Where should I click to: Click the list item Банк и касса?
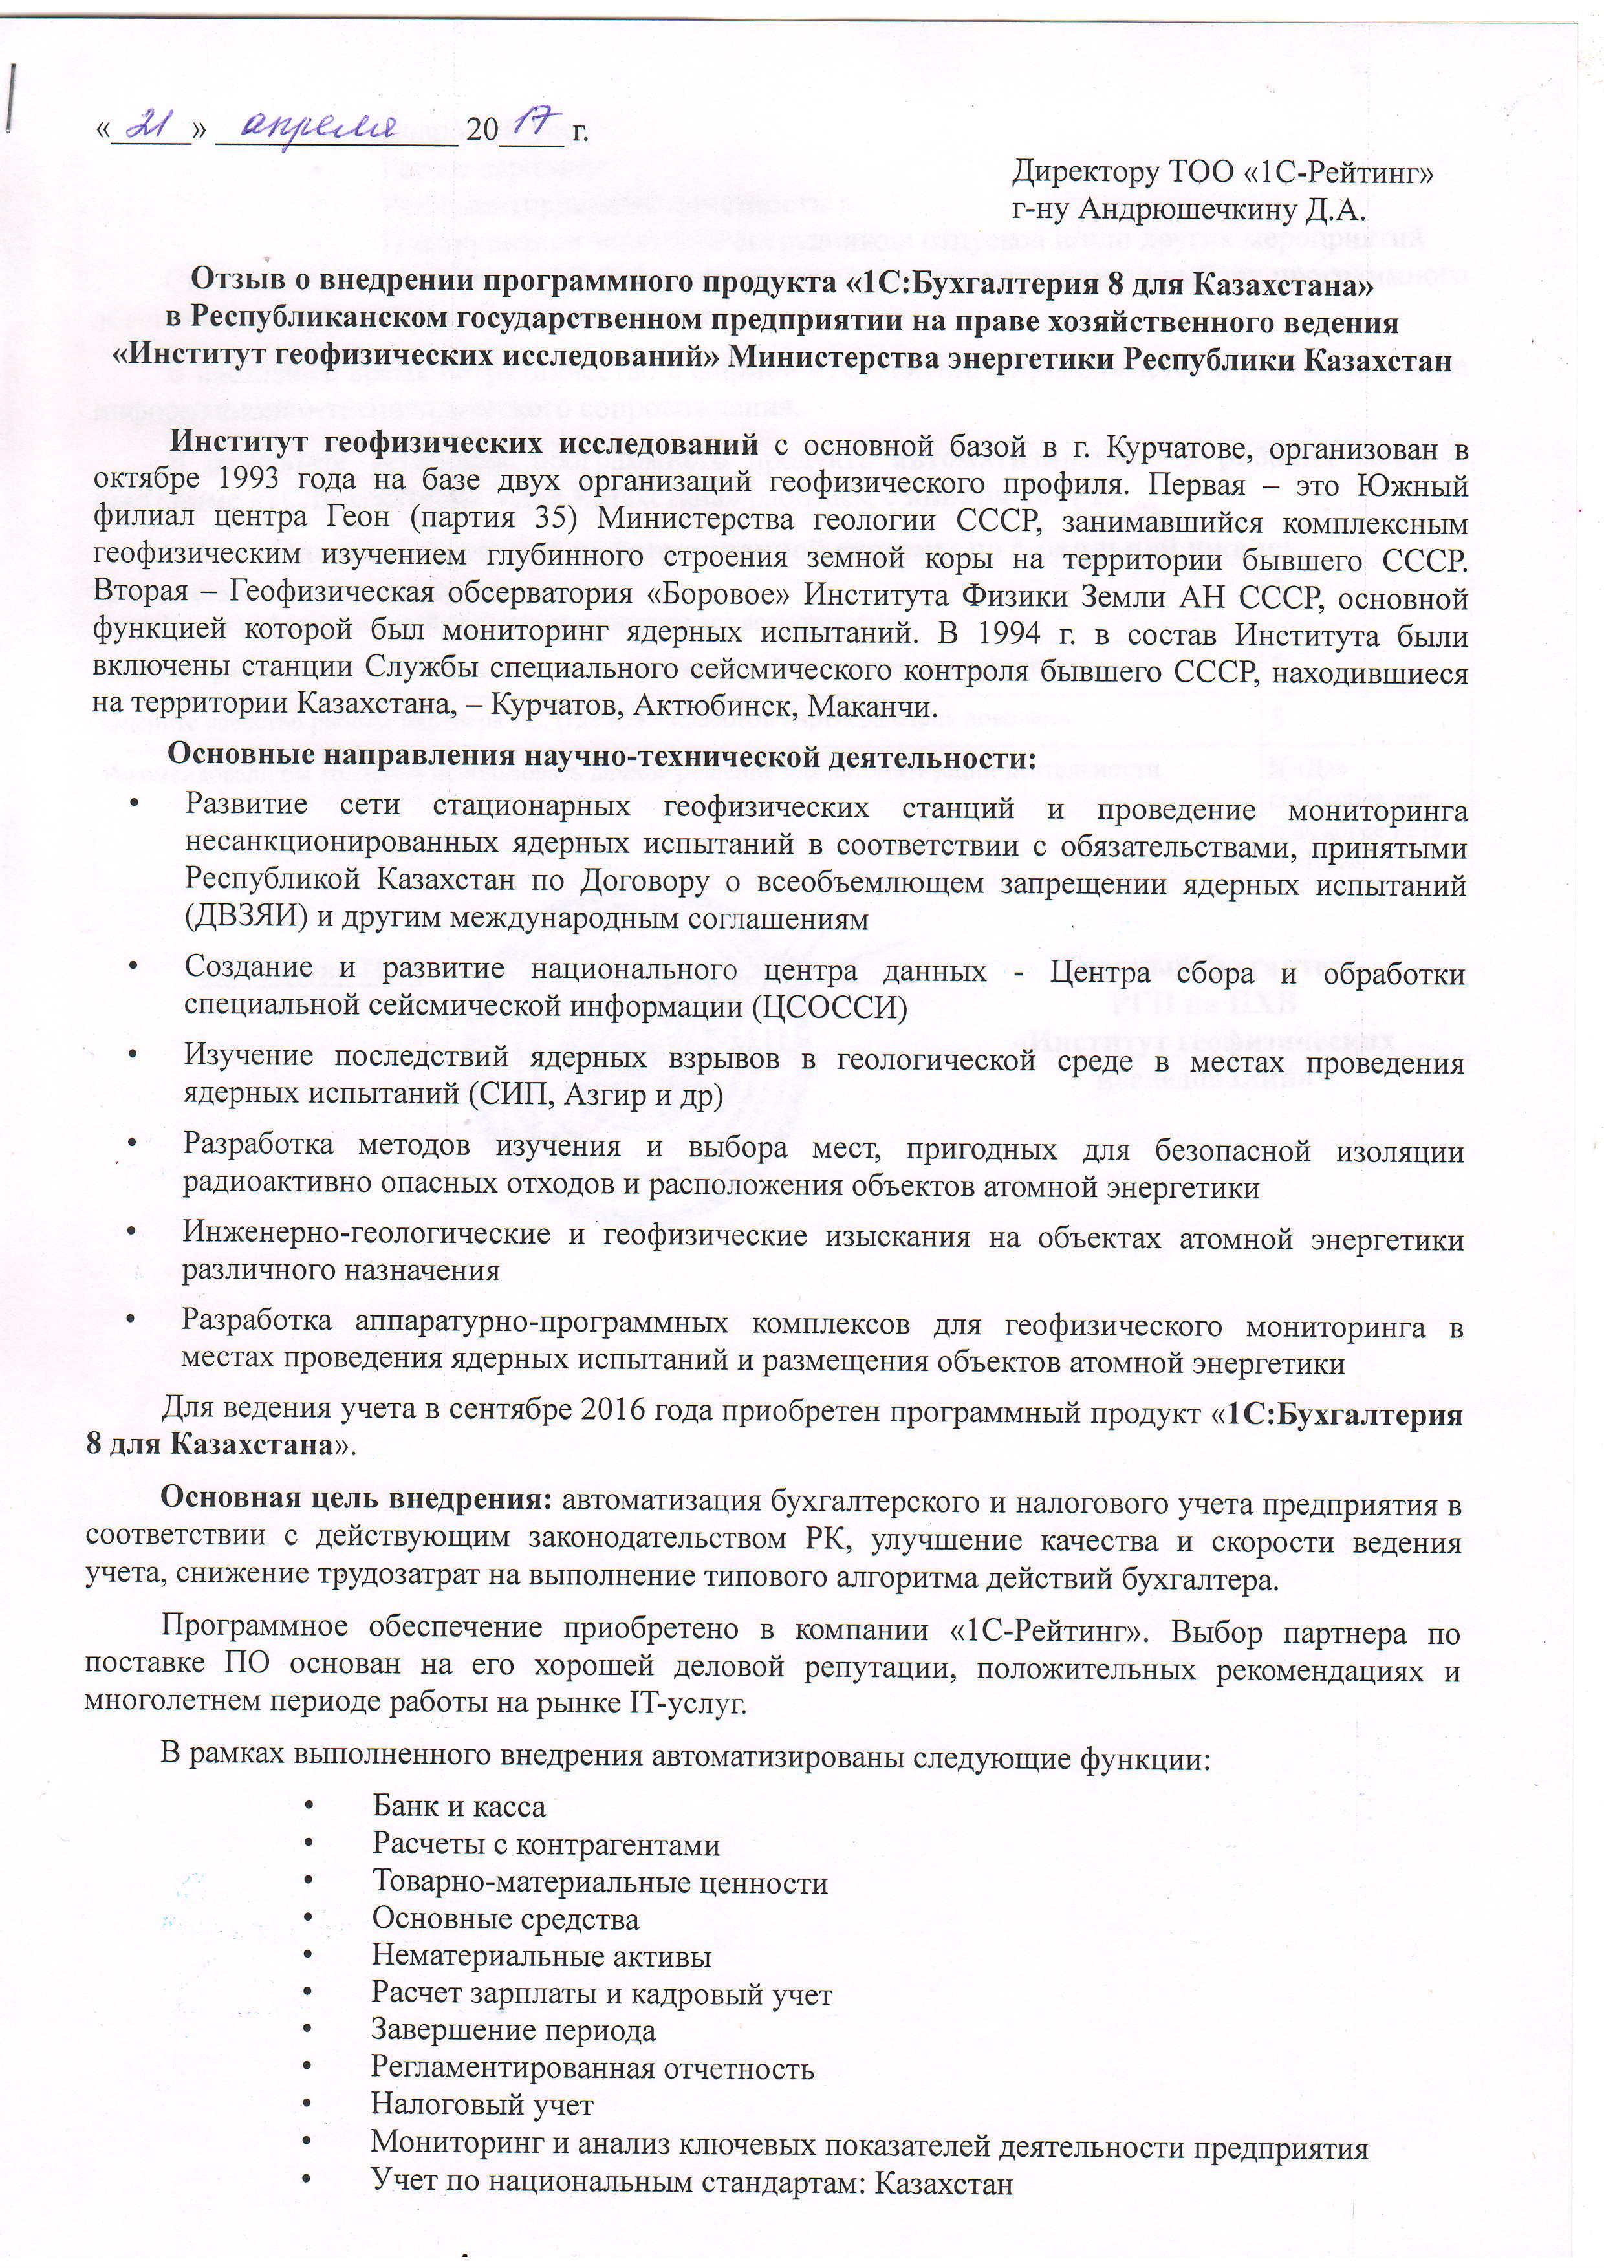pyautogui.click(x=459, y=1807)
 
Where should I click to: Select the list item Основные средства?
pyautogui.click(x=504, y=1919)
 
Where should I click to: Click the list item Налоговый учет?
pyautogui.click(x=482, y=2105)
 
